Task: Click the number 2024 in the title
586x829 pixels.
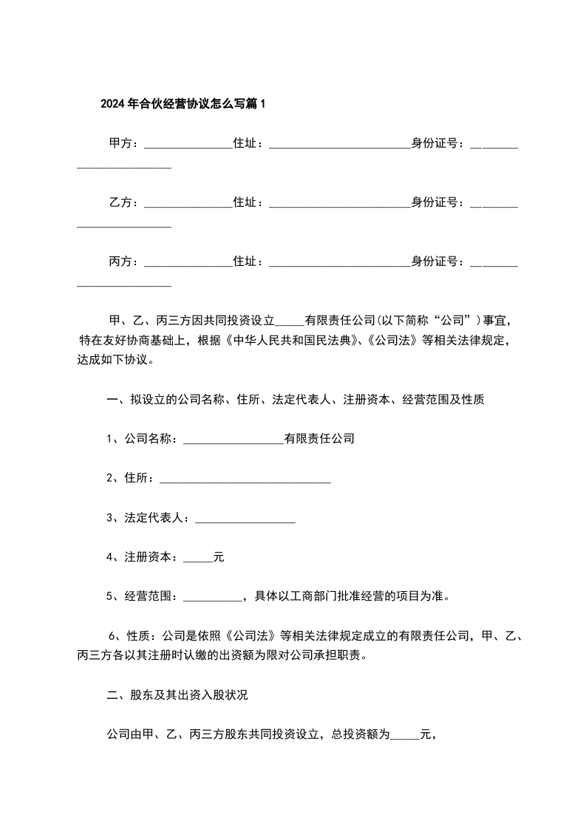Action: pos(113,104)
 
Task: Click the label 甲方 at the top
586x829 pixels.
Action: pos(120,143)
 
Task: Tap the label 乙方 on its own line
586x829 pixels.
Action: pos(120,202)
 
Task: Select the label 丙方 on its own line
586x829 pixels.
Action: pos(120,262)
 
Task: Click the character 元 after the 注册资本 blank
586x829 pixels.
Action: pos(219,558)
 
